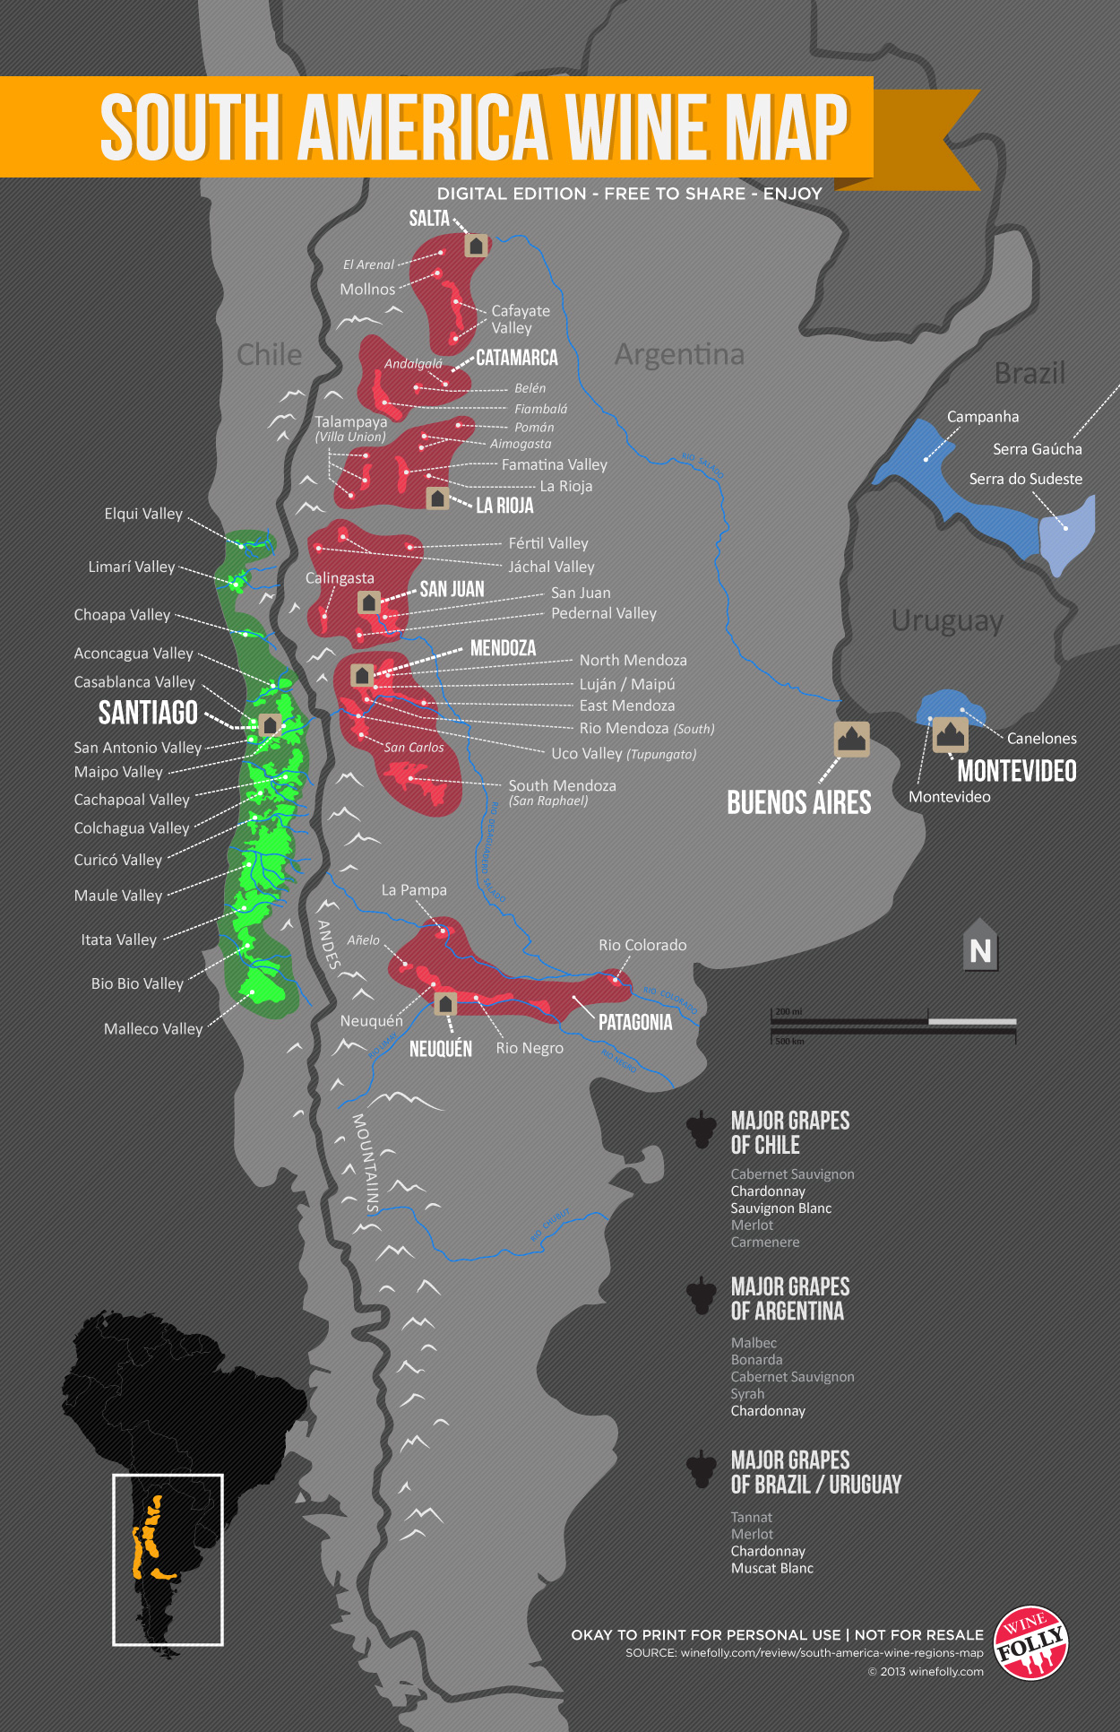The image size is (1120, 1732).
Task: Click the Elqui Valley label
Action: click(143, 514)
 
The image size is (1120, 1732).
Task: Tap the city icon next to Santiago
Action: click(269, 724)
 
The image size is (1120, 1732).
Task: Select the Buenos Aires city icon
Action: click(851, 739)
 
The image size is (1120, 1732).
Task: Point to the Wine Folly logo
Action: click(1031, 1642)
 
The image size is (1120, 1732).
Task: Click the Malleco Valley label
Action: click(153, 1029)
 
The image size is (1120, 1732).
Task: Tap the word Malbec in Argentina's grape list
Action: click(754, 1343)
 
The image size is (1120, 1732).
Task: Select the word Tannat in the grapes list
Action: click(751, 1518)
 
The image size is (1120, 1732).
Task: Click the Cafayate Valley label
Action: click(520, 319)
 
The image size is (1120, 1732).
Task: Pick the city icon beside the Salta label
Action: click(476, 245)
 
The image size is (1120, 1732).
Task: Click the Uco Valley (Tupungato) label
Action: click(624, 754)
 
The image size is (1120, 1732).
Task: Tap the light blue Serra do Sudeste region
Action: click(1066, 534)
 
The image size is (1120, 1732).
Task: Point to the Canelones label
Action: click(1041, 739)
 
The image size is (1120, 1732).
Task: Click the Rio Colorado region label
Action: click(642, 945)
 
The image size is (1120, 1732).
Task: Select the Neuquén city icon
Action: click(445, 1003)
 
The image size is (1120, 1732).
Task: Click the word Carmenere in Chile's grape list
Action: click(764, 1243)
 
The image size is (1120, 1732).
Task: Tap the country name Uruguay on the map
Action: click(947, 620)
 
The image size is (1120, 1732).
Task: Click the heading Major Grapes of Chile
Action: click(789, 1132)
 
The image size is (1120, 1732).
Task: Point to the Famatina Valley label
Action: click(554, 464)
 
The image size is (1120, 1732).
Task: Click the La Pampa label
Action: click(413, 890)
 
